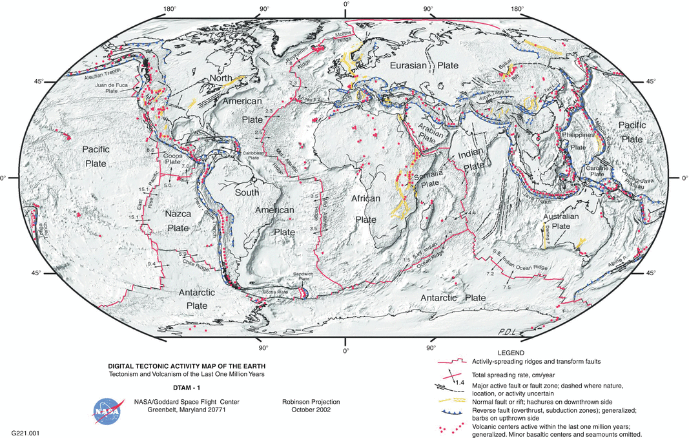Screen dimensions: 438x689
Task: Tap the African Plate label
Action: point(364,209)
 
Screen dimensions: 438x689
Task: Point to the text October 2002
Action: point(311,410)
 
